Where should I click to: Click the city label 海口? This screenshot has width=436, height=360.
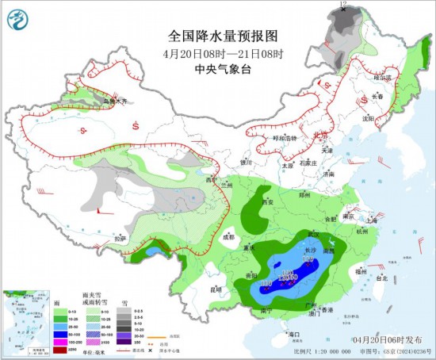tap(296, 335)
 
